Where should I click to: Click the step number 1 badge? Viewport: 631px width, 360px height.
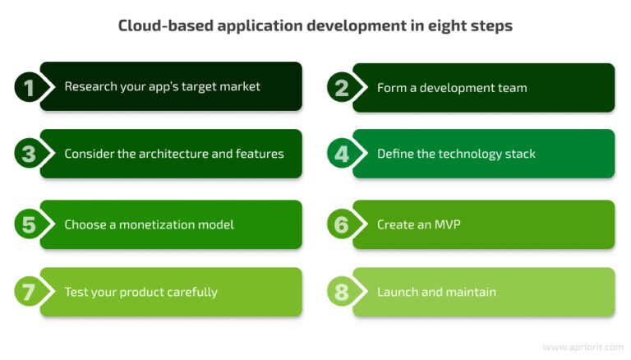pos(29,87)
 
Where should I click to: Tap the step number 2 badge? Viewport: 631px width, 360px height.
pos(341,87)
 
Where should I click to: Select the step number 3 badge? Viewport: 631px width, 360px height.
pos(29,154)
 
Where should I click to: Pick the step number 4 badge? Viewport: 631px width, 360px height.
pos(341,154)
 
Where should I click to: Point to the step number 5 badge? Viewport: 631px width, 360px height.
pos(29,224)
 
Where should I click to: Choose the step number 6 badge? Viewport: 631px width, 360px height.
pos(341,224)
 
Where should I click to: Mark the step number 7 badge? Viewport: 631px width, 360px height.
pos(29,292)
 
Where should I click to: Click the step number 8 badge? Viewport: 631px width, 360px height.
pos(341,292)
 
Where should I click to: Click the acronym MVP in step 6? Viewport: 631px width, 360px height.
pos(445,224)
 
